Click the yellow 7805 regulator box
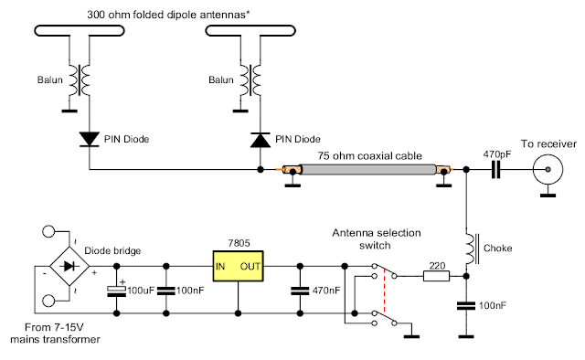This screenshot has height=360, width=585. point(238,266)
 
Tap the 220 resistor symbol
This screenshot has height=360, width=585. point(436,276)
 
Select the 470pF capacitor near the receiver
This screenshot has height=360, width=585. point(495,169)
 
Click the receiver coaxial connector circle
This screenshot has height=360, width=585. point(548,169)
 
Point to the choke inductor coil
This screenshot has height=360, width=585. point(470,249)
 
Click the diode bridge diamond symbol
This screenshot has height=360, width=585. point(69,266)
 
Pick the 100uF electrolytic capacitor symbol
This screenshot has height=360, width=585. point(116,291)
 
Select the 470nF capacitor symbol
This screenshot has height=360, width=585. point(300,291)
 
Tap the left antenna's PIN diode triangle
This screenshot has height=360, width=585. point(90,139)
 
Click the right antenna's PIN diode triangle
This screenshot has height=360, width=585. point(261,140)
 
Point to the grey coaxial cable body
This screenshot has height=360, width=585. point(368,169)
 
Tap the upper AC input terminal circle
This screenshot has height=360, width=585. point(48,231)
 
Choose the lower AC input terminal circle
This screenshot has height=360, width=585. point(48,301)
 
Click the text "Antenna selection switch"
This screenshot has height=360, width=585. point(377,239)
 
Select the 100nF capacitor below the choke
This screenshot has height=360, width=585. point(466,306)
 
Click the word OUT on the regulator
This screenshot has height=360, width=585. point(250,267)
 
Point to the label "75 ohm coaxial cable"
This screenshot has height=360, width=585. point(369,155)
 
